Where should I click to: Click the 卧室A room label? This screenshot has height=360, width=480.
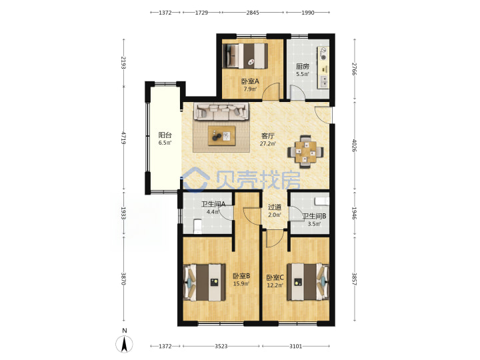(x=250, y=81)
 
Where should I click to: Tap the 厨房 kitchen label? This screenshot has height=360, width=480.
(x=303, y=67)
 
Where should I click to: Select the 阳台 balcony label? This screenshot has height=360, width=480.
(x=165, y=135)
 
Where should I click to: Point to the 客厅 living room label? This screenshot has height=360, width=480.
(x=267, y=136)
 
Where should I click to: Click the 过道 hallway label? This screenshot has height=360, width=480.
(x=274, y=207)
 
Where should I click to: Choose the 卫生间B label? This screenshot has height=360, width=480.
(x=315, y=216)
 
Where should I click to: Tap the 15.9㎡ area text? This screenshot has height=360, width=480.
(x=241, y=284)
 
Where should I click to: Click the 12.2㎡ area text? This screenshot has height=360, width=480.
(x=275, y=285)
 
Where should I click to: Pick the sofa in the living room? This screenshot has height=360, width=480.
(x=221, y=112)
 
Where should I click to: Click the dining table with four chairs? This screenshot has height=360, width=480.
(x=305, y=152)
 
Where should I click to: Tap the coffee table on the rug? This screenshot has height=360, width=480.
(x=221, y=135)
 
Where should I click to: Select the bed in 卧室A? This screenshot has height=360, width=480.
(x=245, y=56)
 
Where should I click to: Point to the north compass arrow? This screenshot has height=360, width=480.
(x=124, y=344)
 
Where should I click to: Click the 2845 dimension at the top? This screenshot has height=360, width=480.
(x=253, y=13)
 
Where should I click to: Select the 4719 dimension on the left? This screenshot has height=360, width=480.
(x=123, y=138)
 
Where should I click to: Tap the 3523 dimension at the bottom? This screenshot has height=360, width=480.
(x=221, y=346)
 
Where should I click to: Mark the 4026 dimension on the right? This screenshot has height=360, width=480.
(x=354, y=146)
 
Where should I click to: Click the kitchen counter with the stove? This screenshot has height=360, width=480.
(x=323, y=67)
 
